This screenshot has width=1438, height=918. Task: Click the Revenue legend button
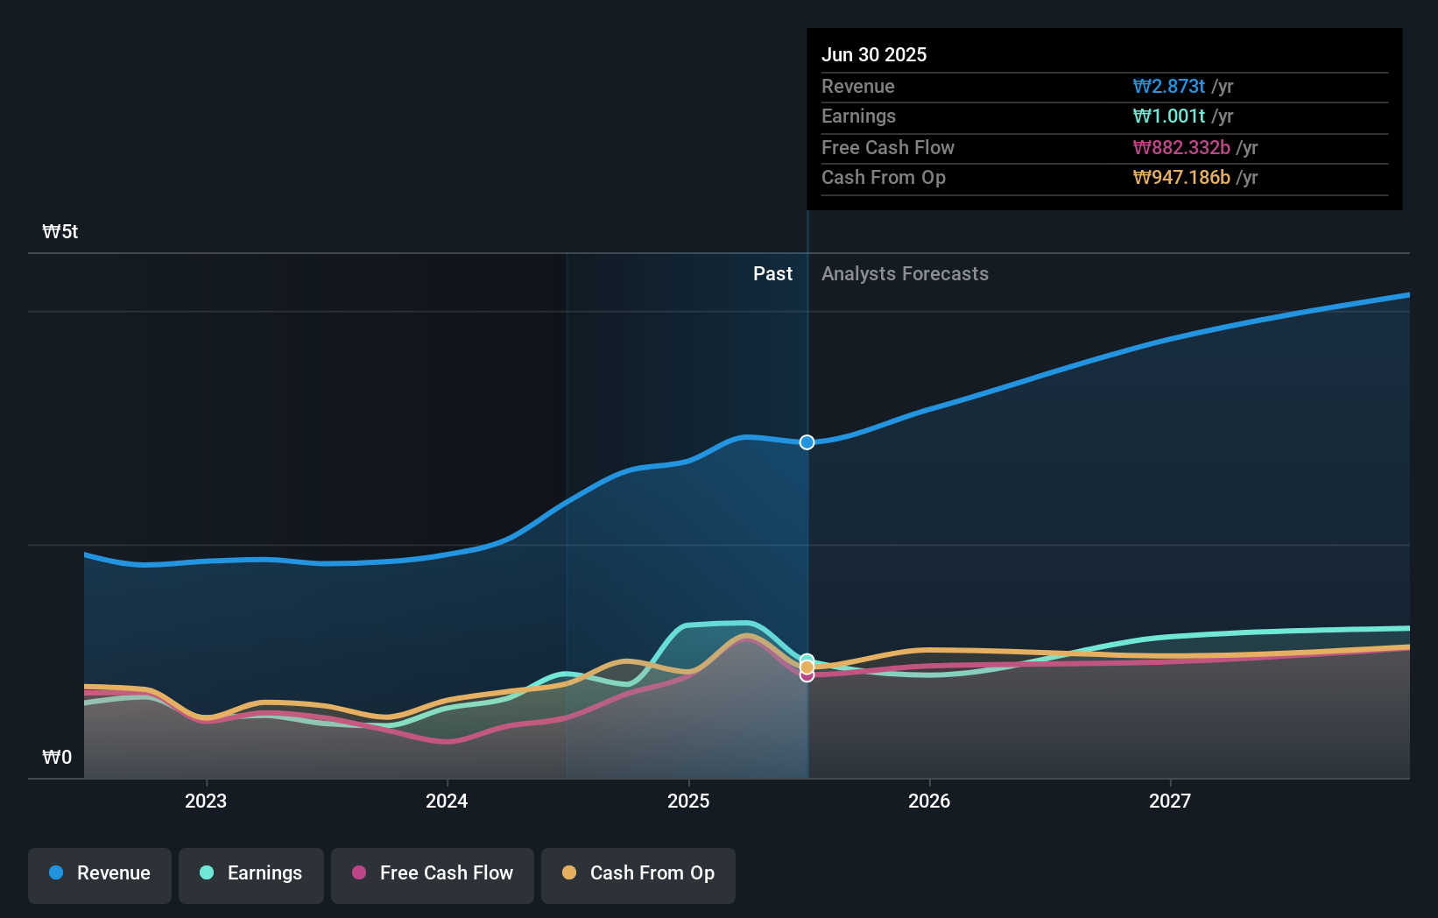(x=100, y=873)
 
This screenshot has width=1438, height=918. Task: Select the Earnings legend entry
(x=251, y=873)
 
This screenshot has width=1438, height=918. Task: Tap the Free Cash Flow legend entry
(x=433, y=873)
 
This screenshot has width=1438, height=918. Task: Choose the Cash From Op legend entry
(x=638, y=873)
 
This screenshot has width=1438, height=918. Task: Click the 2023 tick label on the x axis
(x=206, y=801)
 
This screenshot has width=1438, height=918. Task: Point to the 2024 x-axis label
(x=447, y=801)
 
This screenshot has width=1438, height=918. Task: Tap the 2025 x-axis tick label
(x=688, y=801)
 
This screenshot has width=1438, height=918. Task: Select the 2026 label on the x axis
(x=929, y=801)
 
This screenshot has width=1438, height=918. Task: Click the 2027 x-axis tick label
(x=1170, y=801)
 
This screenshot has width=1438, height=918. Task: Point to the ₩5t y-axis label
(x=60, y=232)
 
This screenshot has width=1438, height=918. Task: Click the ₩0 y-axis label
(x=57, y=758)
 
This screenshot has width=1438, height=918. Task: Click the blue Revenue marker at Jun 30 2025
(x=807, y=442)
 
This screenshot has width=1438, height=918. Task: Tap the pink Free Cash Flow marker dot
(x=807, y=675)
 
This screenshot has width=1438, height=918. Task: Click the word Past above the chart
(x=772, y=274)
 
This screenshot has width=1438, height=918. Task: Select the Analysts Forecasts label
(x=905, y=274)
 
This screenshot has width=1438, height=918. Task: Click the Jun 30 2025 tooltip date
(x=874, y=55)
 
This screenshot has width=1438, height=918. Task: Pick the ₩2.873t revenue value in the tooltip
(x=1169, y=87)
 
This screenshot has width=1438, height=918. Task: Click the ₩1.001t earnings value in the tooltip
(x=1169, y=117)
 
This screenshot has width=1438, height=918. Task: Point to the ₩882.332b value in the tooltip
(x=1181, y=148)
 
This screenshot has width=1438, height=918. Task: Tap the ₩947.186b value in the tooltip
(x=1181, y=178)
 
